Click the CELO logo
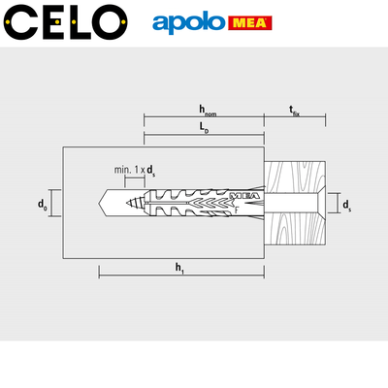coord(66,22)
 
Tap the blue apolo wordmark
coord(188,23)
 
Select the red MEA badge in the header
coord(250,23)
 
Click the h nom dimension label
coord(207,111)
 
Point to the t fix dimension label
coord(294,111)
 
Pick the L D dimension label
coord(204,128)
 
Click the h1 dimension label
coord(179,269)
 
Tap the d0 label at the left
coord(43,205)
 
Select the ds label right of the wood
coord(347,205)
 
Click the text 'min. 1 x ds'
coord(135,170)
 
